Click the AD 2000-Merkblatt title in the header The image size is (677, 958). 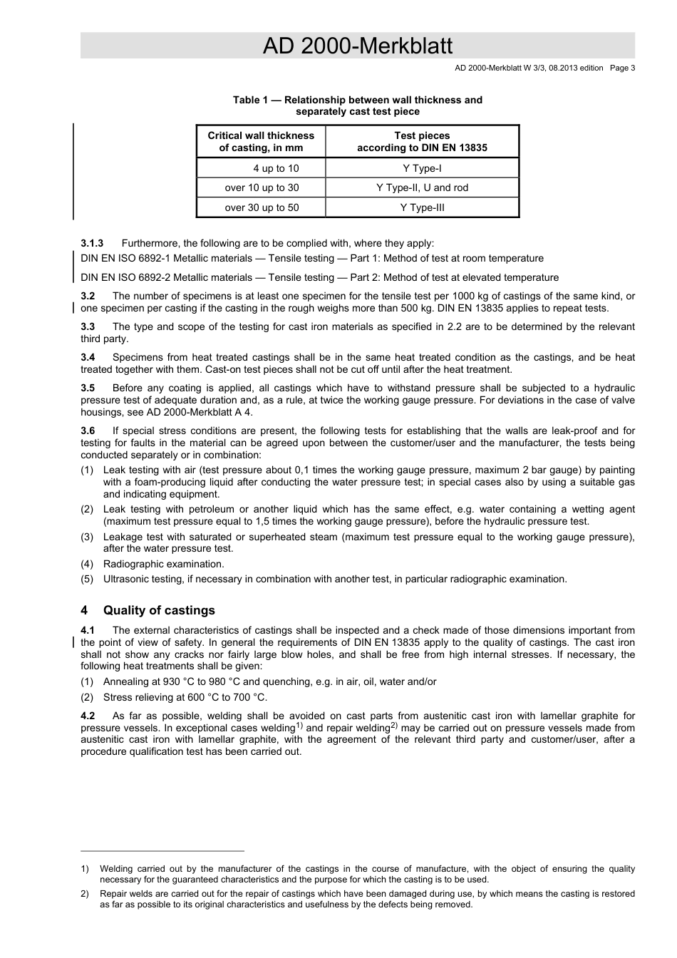(x=357, y=46)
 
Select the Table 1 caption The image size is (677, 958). (x=357, y=105)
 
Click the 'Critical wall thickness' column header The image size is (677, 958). (x=261, y=141)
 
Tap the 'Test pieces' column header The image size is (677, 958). (x=422, y=141)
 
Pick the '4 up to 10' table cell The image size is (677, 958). (x=276, y=168)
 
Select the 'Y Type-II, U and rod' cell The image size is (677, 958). (x=422, y=187)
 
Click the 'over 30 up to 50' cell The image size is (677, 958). (x=262, y=207)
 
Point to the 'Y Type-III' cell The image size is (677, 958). (x=422, y=207)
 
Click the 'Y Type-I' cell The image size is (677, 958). (x=422, y=168)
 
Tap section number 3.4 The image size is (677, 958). (x=88, y=357)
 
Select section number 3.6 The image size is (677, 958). (x=88, y=431)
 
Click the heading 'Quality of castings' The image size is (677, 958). (x=159, y=610)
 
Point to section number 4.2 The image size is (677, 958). (x=88, y=716)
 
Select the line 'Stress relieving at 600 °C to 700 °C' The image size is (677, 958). (x=185, y=697)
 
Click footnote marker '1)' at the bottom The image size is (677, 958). (x=84, y=869)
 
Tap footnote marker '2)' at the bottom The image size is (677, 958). (x=84, y=894)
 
